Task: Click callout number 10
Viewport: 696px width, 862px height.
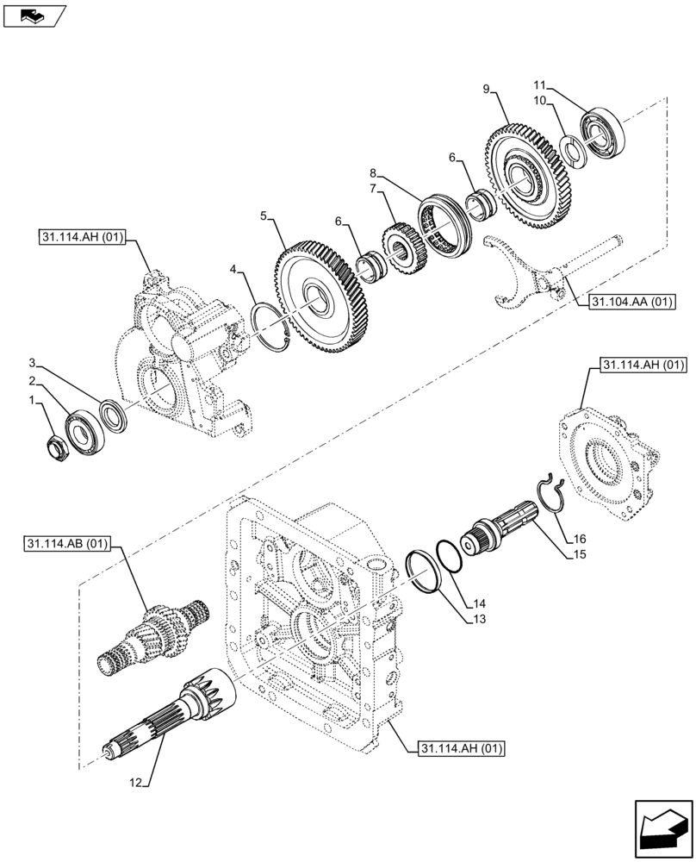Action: pyautogui.click(x=541, y=101)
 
